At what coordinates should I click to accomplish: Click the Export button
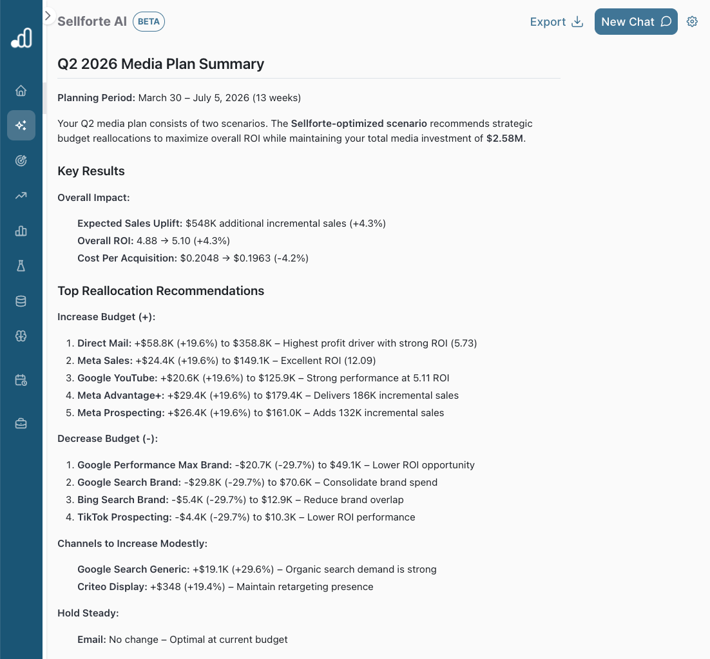(x=556, y=22)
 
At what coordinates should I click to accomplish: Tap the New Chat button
(x=635, y=22)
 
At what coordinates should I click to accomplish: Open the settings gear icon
(x=692, y=22)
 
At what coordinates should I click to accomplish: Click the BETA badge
(x=149, y=21)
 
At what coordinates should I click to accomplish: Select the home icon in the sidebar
(x=21, y=91)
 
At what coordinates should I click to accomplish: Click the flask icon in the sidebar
(x=21, y=265)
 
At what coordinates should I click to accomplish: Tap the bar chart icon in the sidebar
(x=21, y=231)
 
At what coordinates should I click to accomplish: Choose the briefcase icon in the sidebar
(x=21, y=423)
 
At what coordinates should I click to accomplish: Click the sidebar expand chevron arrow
(x=48, y=15)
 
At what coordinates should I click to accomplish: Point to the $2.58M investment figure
(x=505, y=138)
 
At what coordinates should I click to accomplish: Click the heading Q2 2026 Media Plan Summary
(x=160, y=64)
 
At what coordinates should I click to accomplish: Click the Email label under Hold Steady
(x=91, y=640)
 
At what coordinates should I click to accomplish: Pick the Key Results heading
(x=91, y=171)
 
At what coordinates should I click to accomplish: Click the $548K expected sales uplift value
(x=200, y=224)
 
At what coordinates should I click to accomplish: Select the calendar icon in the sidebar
(x=21, y=380)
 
